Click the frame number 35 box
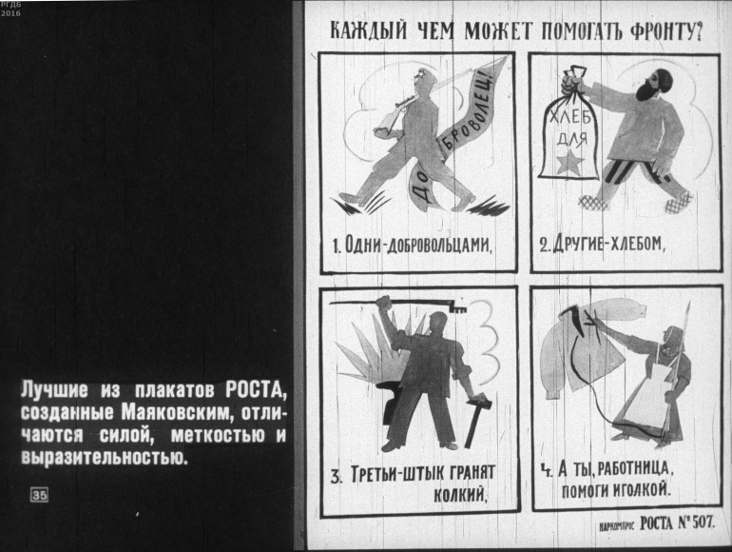pyautogui.click(x=39, y=495)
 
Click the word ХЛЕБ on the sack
pyautogui.click(x=570, y=118)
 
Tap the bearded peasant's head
pyautogui.click(x=656, y=84)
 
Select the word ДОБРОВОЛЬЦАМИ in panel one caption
pyautogui.click(x=440, y=245)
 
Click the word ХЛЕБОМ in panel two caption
pyautogui.click(x=638, y=243)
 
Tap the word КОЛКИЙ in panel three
pyautogui.click(x=460, y=495)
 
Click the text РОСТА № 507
pyautogui.click(x=677, y=522)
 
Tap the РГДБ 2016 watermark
pyautogui.click(x=10, y=9)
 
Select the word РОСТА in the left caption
pyautogui.click(x=255, y=390)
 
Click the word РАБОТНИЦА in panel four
pyautogui.click(x=634, y=469)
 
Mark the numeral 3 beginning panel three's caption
pyautogui.click(x=337, y=476)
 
